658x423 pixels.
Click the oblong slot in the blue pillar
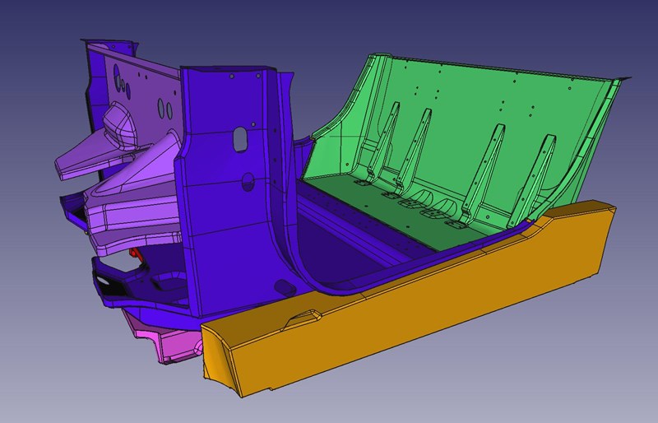coord(239,138)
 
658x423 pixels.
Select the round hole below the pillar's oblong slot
coord(247,175)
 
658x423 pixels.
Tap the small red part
coord(137,257)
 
